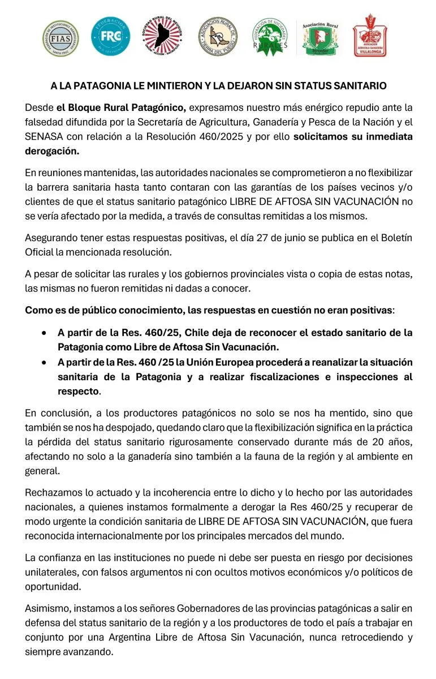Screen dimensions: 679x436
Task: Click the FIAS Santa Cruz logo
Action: [61, 38]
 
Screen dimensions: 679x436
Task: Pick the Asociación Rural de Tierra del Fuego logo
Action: [218, 37]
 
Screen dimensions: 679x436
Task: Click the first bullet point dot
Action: [44, 333]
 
